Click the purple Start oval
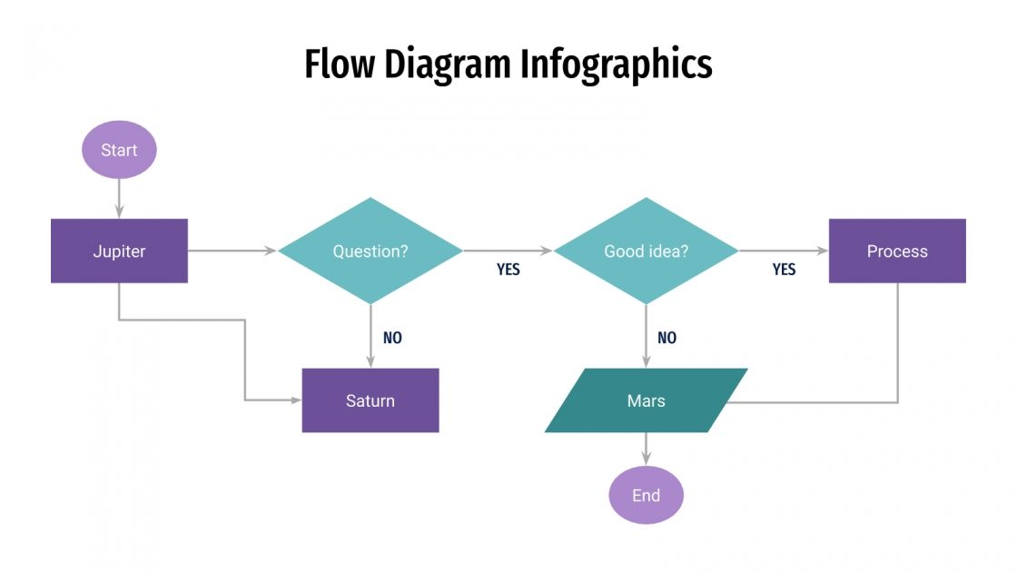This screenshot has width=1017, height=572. pos(119,150)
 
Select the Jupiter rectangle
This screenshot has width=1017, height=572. pos(119,251)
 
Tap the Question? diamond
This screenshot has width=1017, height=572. pos(370,251)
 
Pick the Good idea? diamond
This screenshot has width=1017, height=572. pos(646,251)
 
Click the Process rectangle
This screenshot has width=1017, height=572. pos(897,251)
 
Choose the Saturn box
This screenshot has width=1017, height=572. pos(370,400)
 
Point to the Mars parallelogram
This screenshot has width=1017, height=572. pos(646,400)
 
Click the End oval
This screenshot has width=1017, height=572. pos(646,495)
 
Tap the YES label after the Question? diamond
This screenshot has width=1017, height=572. pos(508,270)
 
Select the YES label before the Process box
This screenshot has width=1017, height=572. pos(784,270)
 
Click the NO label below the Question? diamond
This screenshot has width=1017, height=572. pos(392,338)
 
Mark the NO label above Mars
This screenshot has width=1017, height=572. pos(666,338)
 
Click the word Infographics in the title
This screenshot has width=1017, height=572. pos(617,65)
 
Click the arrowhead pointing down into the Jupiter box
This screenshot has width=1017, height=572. pos(119,213)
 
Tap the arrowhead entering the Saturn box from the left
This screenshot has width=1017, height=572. pos(296,400)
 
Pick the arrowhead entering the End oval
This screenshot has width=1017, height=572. pos(646,461)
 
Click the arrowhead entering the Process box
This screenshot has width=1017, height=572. pos(823,251)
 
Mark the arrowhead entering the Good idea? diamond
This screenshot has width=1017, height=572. pos(548,251)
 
